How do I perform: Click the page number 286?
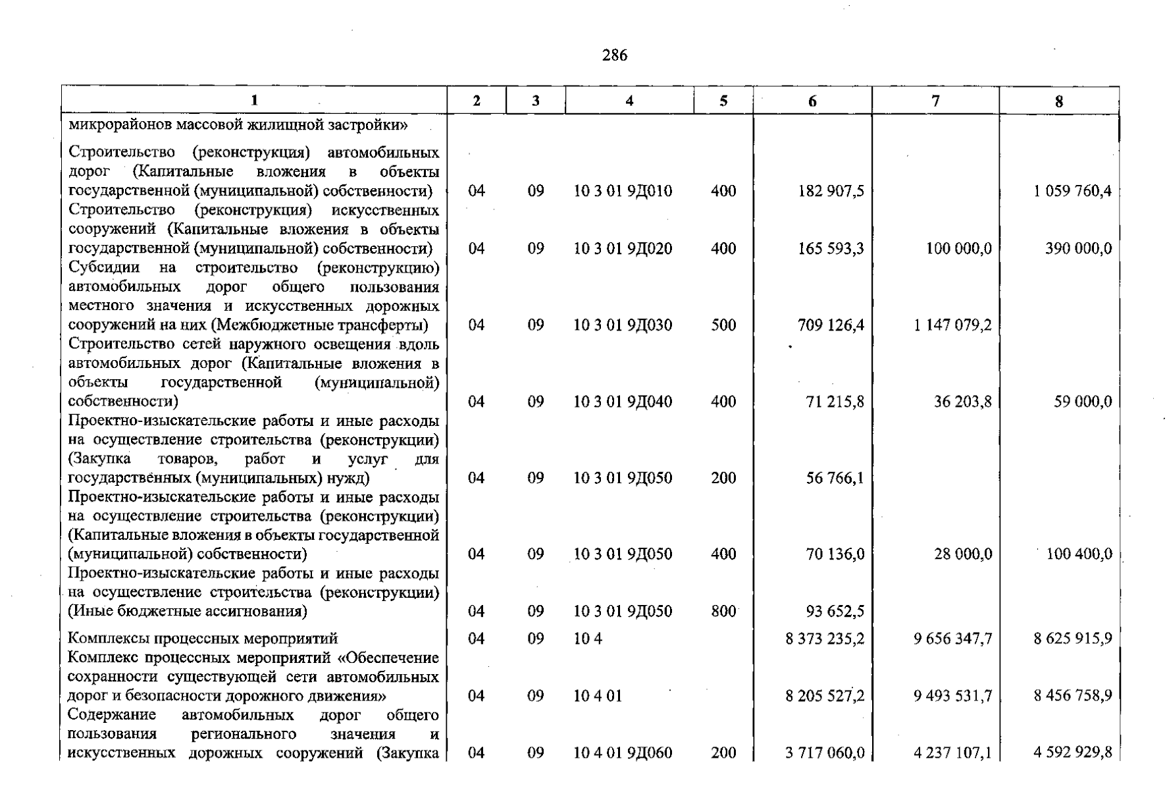[615, 55]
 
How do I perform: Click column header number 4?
[629, 101]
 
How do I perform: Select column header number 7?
[935, 101]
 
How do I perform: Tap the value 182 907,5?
[831, 191]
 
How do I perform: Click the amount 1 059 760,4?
[1072, 191]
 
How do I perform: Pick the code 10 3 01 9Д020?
[623, 248]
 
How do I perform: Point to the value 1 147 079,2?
[952, 325]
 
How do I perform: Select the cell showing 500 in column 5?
[723, 325]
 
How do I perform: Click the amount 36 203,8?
[962, 401]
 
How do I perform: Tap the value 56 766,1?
[835, 477]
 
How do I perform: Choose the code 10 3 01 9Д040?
[623, 401]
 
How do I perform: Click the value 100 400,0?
[1079, 554]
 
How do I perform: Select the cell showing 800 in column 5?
[723, 611]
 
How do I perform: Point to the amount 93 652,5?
[835, 611]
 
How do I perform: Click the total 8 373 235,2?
[825, 638]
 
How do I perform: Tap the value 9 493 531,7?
[952, 695]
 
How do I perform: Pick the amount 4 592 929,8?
[1072, 752]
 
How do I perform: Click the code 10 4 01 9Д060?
[623, 752]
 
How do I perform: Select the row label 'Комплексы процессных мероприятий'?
[203, 638]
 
